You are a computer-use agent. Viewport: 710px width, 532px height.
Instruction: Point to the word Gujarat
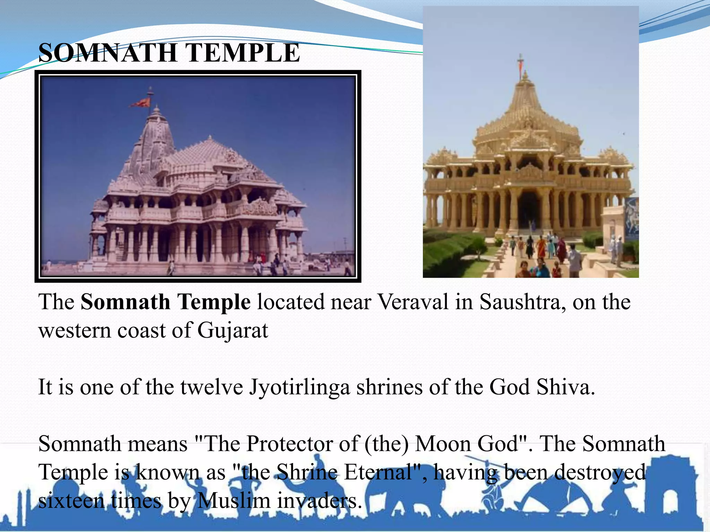coord(233,331)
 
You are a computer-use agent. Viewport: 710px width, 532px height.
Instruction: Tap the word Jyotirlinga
coord(300,387)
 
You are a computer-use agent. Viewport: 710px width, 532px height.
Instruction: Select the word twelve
coord(211,387)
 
